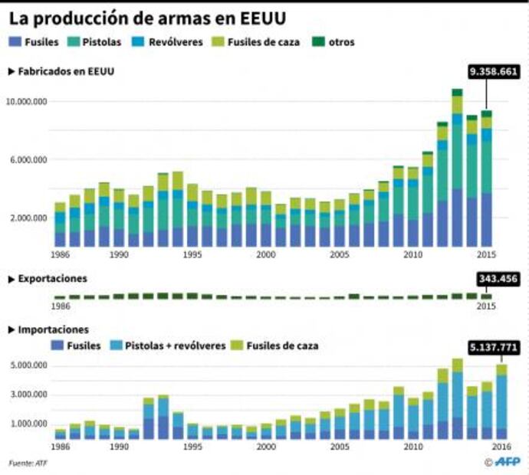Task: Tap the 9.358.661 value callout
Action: click(495, 73)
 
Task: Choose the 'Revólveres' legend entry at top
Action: click(169, 42)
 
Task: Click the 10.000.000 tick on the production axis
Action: click(27, 101)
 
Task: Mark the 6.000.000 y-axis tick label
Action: click(29, 159)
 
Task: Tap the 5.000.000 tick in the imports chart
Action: click(29, 365)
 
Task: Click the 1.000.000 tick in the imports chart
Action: click(29, 424)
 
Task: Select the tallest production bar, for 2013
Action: click(456, 169)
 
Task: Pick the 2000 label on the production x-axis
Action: click(265, 254)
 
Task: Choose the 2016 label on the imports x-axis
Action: click(502, 447)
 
